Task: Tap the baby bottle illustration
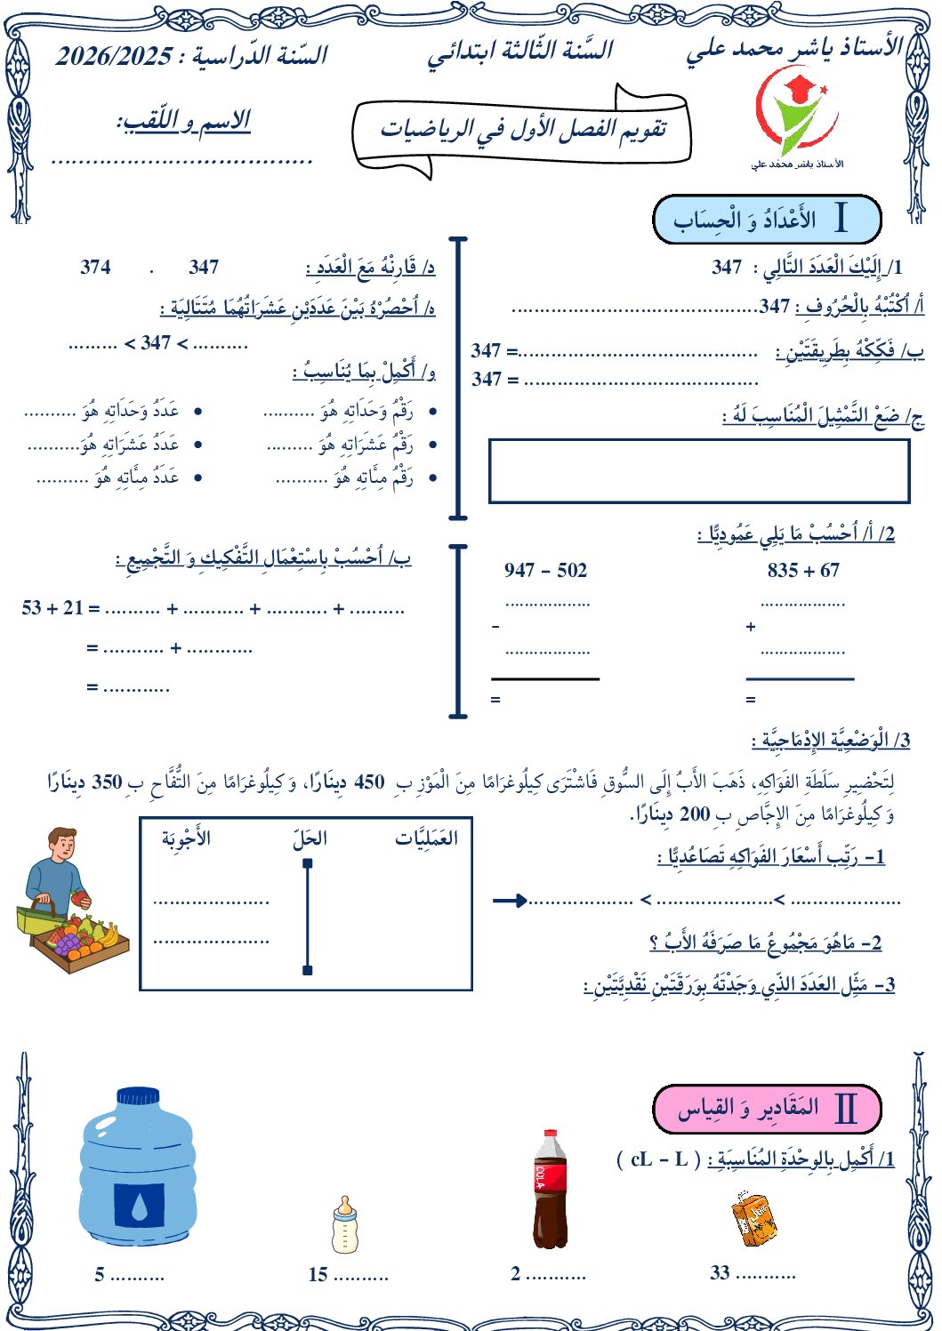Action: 344,1225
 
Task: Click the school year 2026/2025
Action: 114,56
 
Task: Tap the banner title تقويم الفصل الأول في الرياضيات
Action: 523,130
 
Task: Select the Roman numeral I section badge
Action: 767,219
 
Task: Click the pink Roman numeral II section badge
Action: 767,1109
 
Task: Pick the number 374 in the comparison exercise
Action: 95,267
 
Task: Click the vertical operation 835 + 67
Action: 803,570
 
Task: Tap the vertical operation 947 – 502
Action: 545,570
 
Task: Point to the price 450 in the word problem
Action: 369,782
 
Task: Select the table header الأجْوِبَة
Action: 186,838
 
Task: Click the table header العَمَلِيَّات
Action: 427,838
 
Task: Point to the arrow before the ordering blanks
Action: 510,901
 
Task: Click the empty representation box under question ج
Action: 699,470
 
